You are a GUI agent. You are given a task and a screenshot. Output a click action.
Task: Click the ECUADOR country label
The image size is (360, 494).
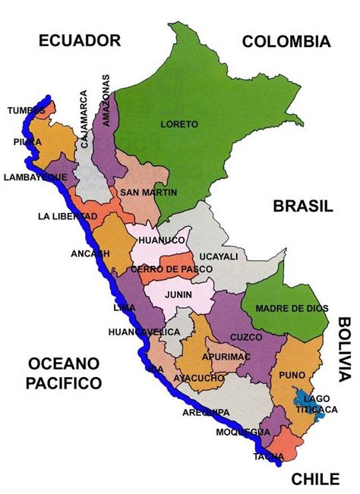pyautogui.click(x=81, y=41)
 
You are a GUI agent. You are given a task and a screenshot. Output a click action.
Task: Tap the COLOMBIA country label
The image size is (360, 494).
pyautogui.click(x=286, y=42)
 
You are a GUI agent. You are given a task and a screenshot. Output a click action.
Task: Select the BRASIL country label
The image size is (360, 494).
pyautogui.click(x=304, y=206)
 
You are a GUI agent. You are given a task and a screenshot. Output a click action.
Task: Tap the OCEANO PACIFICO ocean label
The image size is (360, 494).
pyautogui.click(x=53, y=373)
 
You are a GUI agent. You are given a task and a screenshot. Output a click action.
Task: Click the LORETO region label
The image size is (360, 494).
pyautogui.click(x=179, y=124)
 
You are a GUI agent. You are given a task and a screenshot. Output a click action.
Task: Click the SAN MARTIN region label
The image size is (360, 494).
pyautogui.click(x=148, y=193)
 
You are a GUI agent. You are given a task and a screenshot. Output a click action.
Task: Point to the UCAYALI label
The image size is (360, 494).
pyautogui.click(x=219, y=257)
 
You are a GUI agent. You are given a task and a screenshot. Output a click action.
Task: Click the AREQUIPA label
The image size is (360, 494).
pyautogui.click(x=206, y=413)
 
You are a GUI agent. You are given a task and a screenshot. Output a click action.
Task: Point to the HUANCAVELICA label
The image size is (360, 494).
pyautogui.click(x=144, y=332)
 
